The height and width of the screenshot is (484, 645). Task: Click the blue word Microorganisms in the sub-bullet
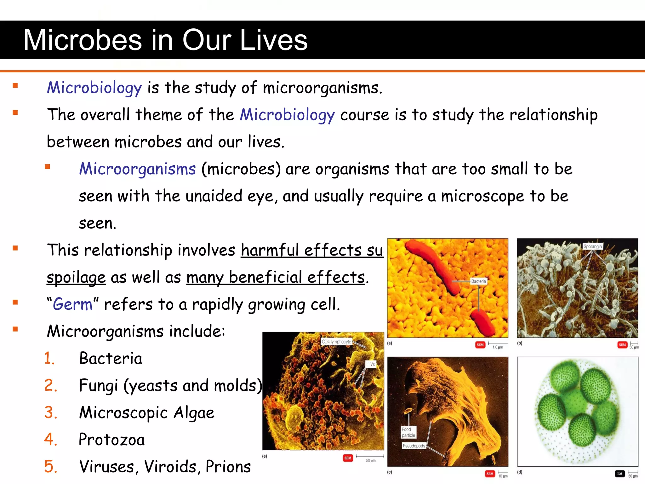tap(138, 169)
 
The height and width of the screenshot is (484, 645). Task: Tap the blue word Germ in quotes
tap(73, 304)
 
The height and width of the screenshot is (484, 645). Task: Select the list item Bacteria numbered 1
tap(111, 359)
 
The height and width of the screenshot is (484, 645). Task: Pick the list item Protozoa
tap(112, 440)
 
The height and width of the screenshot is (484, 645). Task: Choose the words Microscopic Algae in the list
tap(147, 413)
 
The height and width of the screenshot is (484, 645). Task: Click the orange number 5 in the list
tap(50, 467)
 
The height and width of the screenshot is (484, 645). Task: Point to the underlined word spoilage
tap(76, 278)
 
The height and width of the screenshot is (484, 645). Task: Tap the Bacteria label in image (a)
tap(478, 281)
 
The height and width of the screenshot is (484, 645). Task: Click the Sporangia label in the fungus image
tap(592, 246)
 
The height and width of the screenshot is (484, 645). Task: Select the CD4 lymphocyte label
tap(336, 342)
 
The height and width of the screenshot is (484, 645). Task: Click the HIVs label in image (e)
tap(370, 364)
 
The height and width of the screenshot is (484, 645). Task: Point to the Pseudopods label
tap(414, 446)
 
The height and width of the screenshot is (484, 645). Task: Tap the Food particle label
tap(408, 432)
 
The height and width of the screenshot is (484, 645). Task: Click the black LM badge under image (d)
tap(620, 474)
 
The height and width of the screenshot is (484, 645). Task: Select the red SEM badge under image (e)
tap(348, 458)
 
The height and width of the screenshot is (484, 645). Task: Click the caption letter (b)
tap(520, 343)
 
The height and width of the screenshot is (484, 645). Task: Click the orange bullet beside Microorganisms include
tap(15, 329)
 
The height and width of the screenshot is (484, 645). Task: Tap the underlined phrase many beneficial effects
tap(276, 278)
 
